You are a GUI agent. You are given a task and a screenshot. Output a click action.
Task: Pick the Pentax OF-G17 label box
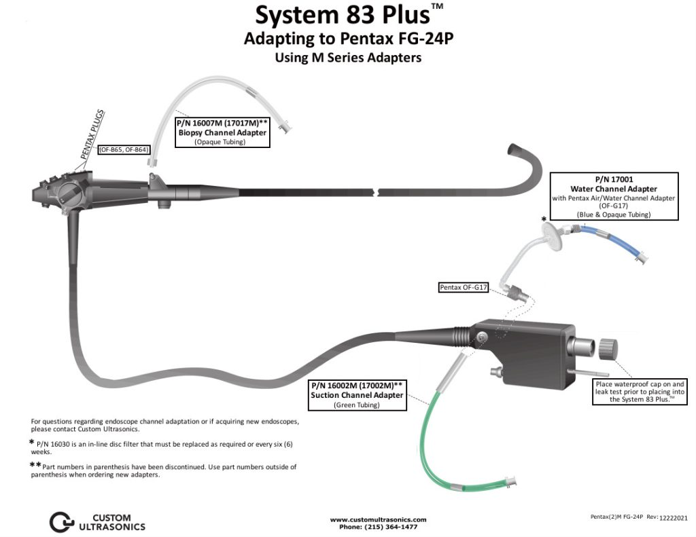click(464, 288)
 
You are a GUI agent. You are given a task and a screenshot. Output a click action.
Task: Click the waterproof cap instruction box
click(640, 392)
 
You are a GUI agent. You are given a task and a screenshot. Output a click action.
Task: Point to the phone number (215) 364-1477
click(378, 527)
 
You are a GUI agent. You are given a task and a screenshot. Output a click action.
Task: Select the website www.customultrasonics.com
click(378, 519)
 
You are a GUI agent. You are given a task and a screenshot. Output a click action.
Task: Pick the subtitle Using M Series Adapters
click(347, 58)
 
